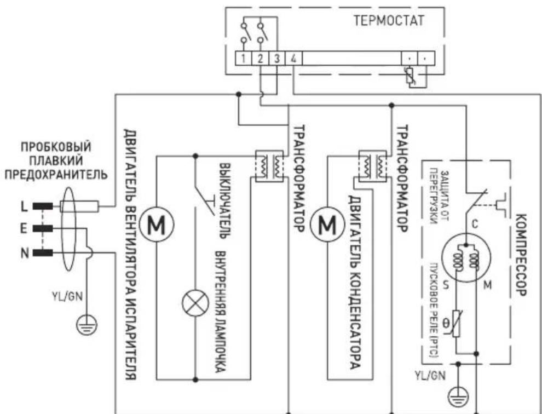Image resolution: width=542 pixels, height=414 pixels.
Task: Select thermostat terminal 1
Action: (242, 58)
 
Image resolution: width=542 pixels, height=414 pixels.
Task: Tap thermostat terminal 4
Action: (294, 58)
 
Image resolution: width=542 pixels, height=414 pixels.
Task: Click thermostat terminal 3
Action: (277, 58)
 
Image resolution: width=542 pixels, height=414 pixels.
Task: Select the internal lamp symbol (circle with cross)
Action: (194, 304)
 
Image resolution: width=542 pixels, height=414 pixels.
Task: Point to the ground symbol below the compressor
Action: (459, 394)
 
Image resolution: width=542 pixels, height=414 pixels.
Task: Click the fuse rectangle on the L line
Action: (80, 206)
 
